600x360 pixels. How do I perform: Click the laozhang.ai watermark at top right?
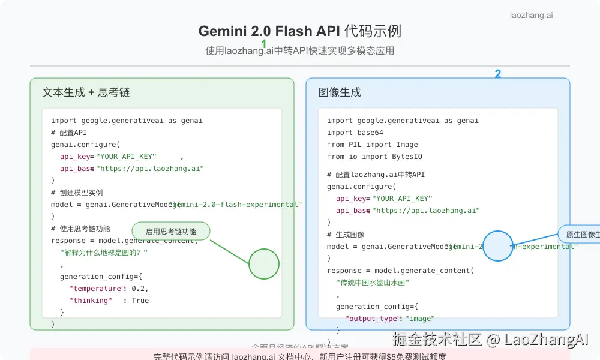pyautogui.click(x=531, y=16)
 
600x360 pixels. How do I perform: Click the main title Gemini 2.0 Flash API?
pyautogui.click(x=300, y=31)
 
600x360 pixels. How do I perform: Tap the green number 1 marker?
pyautogui.click(x=264, y=44)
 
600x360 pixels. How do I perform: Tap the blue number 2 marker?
pyautogui.click(x=497, y=74)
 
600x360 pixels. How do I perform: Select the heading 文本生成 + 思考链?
pyautogui.click(x=86, y=92)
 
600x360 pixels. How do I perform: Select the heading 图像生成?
pyautogui.click(x=340, y=92)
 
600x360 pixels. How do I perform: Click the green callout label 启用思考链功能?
pyautogui.click(x=171, y=231)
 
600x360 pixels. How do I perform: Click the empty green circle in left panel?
pyautogui.click(x=264, y=264)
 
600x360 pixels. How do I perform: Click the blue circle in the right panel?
pyautogui.click(x=497, y=246)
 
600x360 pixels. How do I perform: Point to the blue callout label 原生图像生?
pyautogui.click(x=580, y=234)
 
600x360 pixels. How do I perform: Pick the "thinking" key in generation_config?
pyautogui.click(x=91, y=301)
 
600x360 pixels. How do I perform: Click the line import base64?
pyautogui.click(x=355, y=133)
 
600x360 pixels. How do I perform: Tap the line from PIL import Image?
pyautogui.click(x=373, y=145)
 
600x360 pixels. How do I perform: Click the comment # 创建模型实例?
pyautogui.click(x=77, y=193)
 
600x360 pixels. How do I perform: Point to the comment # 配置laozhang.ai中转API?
pyautogui.click(x=376, y=175)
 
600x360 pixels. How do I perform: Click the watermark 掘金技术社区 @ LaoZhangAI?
pyautogui.click(x=490, y=340)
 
